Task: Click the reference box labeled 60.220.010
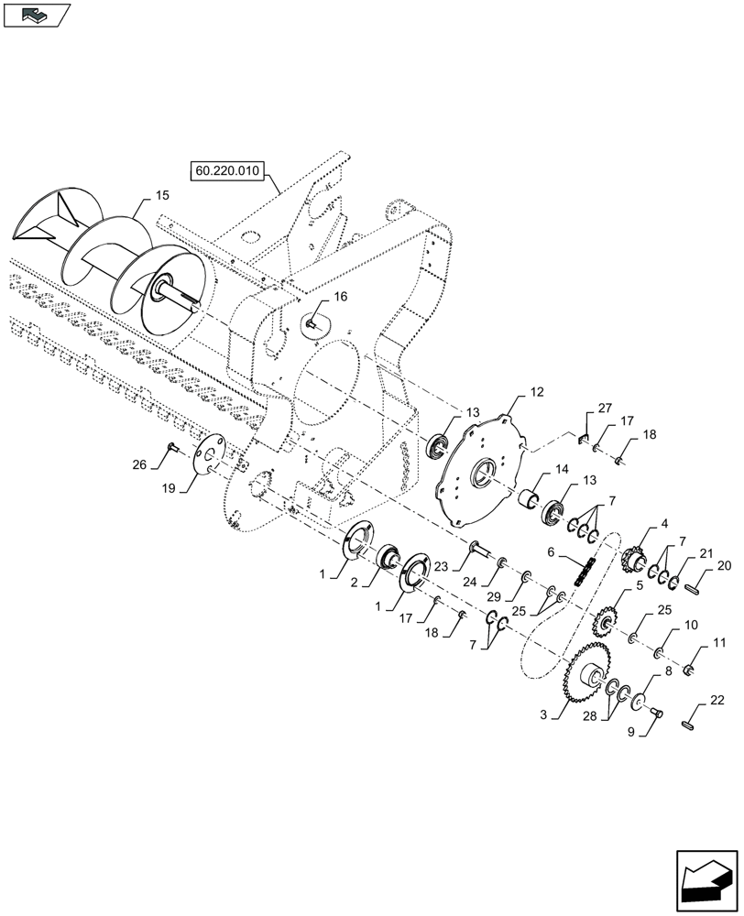pos(226,171)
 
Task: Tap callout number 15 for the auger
pos(161,195)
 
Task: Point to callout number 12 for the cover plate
pos(537,391)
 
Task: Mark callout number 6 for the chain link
pos(552,552)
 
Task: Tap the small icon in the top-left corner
pos(37,14)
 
